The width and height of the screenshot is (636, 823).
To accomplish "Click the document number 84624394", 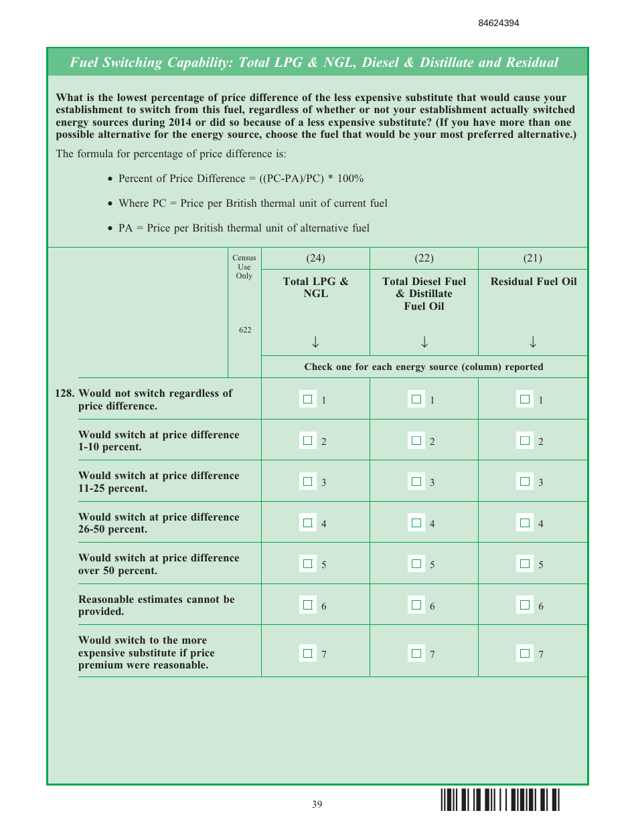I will [498, 23].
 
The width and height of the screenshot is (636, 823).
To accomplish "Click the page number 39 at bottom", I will [317, 804].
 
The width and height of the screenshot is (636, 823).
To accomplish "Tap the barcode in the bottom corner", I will [500, 801].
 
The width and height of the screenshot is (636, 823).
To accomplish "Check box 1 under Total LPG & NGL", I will [308, 399].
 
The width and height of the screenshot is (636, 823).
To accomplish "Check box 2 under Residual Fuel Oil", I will [525, 441].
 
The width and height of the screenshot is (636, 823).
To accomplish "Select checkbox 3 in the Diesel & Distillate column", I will [416, 482].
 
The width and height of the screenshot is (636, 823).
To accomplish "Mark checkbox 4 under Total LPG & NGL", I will [308, 523].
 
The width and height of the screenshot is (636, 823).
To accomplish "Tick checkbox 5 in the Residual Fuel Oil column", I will [525, 564].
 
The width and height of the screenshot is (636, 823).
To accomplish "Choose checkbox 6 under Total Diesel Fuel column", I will [416, 606].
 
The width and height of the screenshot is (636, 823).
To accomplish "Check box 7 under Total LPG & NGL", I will [308, 653].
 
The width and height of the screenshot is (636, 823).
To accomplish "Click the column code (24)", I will [315, 258].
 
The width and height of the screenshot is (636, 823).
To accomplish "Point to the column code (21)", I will [532, 258].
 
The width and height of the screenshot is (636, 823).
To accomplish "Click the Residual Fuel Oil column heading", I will [533, 282].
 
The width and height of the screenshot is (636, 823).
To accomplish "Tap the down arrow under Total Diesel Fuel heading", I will [424, 343].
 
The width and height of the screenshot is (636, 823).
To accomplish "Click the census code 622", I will [245, 331].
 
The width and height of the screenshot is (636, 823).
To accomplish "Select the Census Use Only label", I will [244, 267].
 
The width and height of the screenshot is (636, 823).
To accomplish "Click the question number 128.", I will [65, 393].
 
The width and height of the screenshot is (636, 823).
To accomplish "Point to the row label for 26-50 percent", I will [159, 523].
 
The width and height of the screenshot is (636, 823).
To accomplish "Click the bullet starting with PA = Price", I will [244, 228].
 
